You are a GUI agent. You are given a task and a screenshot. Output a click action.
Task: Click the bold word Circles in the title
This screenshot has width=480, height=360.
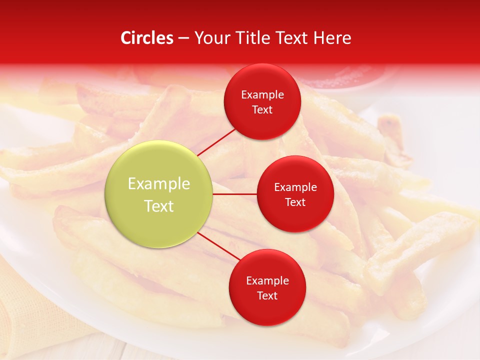(x=147, y=38)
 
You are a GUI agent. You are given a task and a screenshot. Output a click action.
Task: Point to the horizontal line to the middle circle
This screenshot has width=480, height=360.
(x=234, y=194)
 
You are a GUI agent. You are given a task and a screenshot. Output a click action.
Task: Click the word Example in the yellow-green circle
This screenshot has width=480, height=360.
(x=159, y=184)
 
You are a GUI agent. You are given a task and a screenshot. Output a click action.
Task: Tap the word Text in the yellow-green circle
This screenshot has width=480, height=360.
(x=159, y=206)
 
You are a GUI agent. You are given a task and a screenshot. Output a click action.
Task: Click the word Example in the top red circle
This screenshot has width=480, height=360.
(x=262, y=95)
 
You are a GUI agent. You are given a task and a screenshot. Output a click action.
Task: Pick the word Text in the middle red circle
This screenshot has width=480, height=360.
(x=295, y=202)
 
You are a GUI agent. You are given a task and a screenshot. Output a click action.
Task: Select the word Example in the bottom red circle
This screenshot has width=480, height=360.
(x=267, y=281)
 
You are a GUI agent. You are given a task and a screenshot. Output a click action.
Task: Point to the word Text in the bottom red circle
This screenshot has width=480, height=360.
(x=267, y=296)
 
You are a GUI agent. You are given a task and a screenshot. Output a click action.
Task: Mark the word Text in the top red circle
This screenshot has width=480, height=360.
(x=262, y=110)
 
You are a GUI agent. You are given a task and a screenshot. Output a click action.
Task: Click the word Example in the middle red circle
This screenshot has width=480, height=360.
(x=295, y=187)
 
